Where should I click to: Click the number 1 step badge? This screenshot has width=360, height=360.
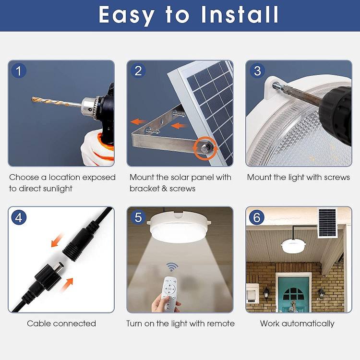[19, 71]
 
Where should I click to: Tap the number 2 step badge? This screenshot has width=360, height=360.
[138, 71]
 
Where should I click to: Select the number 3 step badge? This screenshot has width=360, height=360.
[257, 71]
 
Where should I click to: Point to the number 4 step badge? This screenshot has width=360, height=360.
[19, 217]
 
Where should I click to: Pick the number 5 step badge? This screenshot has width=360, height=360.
[138, 217]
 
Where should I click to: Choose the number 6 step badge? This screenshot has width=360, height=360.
[257, 217]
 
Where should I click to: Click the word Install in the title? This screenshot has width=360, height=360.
[240, 14]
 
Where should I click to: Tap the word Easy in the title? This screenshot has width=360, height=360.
[127, 16]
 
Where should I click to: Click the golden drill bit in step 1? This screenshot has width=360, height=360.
[57, 102]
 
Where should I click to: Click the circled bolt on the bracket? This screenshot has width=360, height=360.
[205, 148]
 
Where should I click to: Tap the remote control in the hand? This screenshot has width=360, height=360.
[169, 293]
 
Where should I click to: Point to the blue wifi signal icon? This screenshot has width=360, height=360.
[172, 267]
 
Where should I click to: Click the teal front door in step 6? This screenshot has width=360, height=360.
[293, 295]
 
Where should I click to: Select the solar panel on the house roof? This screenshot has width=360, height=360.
[327, 223]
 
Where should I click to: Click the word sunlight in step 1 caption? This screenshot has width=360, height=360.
[58, 189]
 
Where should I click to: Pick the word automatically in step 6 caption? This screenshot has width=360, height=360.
[308, 324]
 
